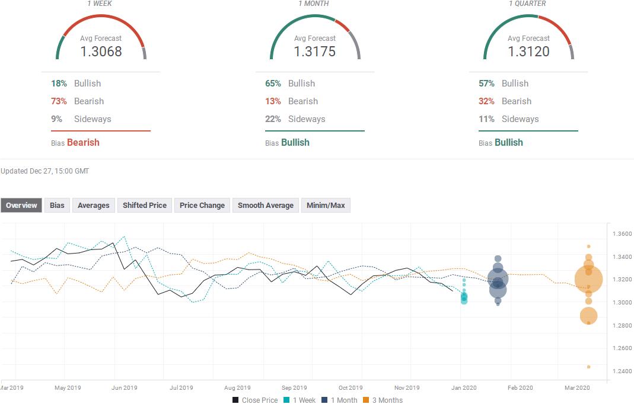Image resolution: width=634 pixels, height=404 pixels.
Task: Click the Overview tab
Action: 21,205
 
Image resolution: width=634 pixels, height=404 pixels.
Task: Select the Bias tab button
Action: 57,205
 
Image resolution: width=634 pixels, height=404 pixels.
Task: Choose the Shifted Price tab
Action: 144,205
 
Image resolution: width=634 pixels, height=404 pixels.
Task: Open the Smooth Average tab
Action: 266,205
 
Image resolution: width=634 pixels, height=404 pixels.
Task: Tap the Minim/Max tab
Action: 326,205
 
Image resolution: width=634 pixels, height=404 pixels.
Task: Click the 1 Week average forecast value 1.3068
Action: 101,52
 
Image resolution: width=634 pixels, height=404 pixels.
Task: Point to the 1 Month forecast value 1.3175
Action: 314,52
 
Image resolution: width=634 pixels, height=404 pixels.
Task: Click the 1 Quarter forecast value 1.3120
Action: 528,52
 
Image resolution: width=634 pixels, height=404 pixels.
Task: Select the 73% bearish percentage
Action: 59,101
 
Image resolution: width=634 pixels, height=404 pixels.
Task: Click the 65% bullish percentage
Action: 273,83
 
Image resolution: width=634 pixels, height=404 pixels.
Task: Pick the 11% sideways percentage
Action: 486,119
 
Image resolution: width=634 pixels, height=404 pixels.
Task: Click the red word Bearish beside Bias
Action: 83,142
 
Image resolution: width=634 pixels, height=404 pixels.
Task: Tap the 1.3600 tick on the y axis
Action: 622,233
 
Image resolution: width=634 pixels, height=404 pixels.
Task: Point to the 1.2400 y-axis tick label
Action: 622,371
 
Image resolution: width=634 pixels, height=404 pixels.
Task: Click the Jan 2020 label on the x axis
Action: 464,387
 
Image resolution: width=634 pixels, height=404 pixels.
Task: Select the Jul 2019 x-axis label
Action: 181,387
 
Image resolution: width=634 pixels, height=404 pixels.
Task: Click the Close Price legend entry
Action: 255,400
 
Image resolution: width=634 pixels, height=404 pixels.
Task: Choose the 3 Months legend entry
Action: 383,400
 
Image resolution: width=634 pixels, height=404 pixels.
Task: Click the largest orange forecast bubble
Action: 589,280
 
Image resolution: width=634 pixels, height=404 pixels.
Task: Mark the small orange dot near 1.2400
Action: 589,367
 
